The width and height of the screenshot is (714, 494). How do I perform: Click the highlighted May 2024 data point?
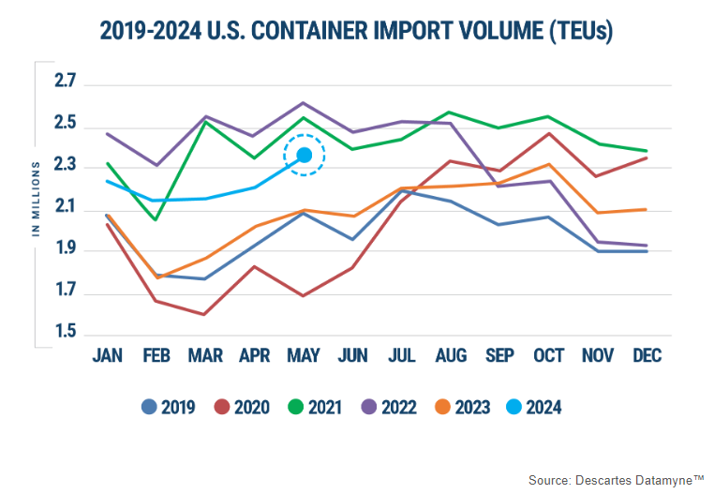pos(305,155)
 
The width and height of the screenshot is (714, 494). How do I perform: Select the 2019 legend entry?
pos(168,407)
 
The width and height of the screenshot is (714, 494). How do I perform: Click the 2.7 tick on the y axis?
pos(64,85)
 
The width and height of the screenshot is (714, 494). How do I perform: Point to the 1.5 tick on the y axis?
pos(64,335)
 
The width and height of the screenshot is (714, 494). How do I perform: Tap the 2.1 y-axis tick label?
pos(64,210)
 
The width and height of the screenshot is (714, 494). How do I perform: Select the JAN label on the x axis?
pos(109,356)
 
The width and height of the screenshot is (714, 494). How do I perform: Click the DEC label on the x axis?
pos(647,356)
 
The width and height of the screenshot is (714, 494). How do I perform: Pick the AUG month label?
pos(451,356)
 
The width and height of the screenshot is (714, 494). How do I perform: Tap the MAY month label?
pos(305,356)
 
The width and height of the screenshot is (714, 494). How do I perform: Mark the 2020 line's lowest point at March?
pos(204,314)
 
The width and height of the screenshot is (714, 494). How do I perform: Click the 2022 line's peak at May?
pos(304,103)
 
